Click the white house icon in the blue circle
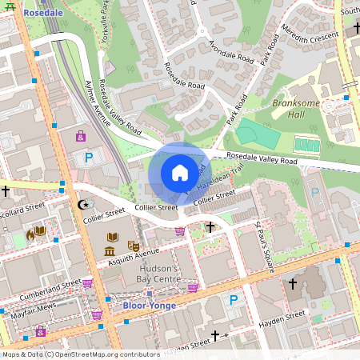coord(179,172)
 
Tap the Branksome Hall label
coord(295,109)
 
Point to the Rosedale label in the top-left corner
coord(44,13)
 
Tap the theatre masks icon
coord(134,246)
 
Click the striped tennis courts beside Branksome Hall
coord(306,145)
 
